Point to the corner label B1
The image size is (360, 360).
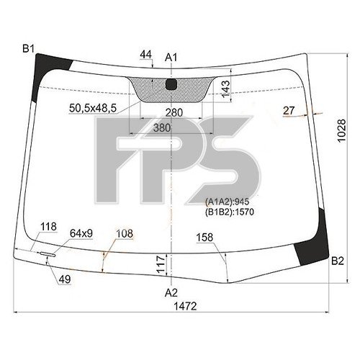(x=29, y=48)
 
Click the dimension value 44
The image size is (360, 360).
(x=146, y=54)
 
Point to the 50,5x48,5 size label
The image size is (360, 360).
(x=93, y=109)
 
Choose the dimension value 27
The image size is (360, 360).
(x=289, y=110)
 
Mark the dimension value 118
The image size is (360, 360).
(x=48, y=228)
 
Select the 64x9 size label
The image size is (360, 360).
(x=81, y=233)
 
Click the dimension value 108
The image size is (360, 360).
(x=125, y=233)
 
